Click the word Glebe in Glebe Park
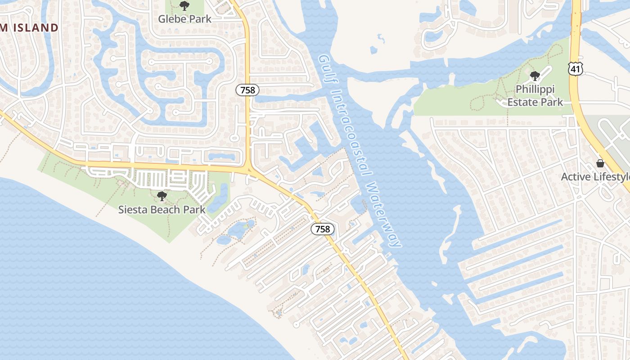pos(171,19)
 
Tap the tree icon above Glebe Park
pos(184,6)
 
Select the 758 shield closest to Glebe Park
pos(247,90)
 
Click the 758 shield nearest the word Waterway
pos(323,229)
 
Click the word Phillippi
pos(535,89)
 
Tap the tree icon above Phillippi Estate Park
pos(535,76)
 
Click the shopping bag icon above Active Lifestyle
pos(600,163)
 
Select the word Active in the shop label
pos(576,177)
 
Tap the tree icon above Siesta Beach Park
pos(162,196)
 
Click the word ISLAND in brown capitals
pos(36,27)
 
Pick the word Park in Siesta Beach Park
pos(194,210)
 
